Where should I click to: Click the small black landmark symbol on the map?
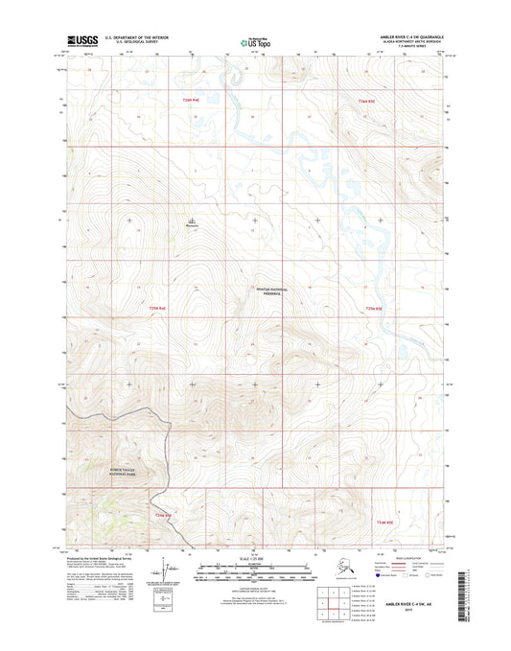pos(192,222)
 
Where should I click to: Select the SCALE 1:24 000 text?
pos(255,559)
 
